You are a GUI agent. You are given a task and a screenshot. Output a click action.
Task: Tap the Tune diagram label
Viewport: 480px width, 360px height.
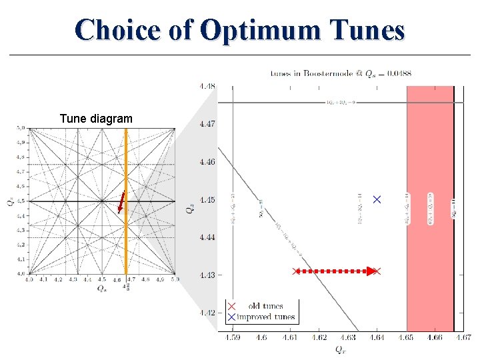point(96,119)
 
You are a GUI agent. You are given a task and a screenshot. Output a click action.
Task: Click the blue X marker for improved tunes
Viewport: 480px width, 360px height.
point(377,199)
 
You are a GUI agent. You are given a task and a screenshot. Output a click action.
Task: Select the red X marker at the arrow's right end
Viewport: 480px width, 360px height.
point(377,271)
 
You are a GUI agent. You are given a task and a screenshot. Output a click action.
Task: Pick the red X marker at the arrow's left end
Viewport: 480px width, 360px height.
point(296,271)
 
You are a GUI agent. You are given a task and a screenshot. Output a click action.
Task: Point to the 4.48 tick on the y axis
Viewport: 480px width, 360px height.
point(207,85)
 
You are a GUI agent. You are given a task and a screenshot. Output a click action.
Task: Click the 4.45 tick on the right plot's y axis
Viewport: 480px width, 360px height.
point(207,199)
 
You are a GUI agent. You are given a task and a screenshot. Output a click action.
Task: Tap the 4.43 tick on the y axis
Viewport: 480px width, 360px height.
point(207,275)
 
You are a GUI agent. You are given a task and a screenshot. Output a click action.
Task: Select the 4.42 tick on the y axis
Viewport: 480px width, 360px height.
point(207,312)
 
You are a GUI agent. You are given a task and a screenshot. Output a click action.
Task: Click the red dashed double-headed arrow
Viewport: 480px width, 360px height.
point(337,271)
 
